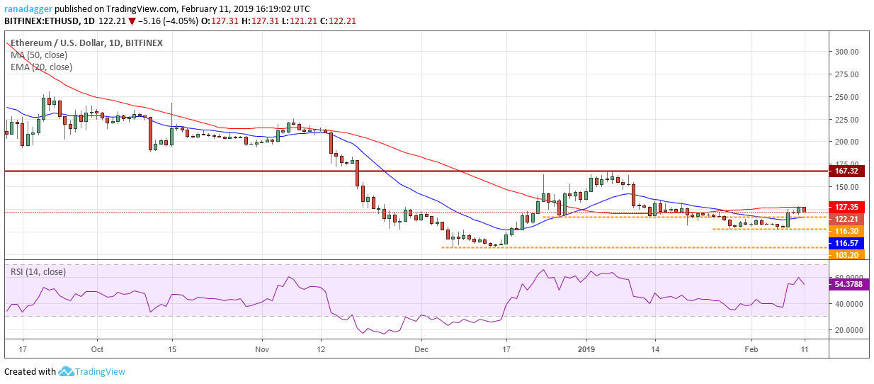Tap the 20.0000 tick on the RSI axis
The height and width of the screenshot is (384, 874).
point(846,330)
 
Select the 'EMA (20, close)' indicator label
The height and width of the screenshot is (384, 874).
point(41,67)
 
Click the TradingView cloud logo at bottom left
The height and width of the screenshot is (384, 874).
point(67,371)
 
